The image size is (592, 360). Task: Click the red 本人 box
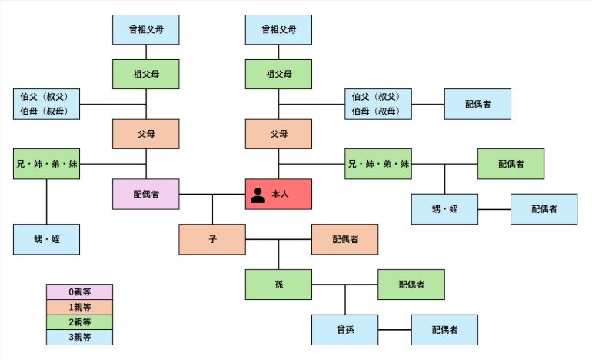(x=278, y=195)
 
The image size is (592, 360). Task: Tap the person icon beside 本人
(x=258, y=195)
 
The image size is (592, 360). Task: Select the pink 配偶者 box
(x=146, y=195)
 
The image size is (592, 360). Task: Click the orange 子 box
(x=212, y=239)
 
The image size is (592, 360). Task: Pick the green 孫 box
(x=278, y=285)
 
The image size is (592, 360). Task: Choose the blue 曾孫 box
(x=344, y=330)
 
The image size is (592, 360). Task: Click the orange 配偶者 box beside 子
(x=344, y=239)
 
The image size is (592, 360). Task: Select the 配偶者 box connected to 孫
(x=411, y=285)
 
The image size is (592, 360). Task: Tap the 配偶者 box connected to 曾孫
(x=444, y=330)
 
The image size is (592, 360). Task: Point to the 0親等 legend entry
(x=80, y=292)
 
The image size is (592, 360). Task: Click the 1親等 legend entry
(x=80, y=307)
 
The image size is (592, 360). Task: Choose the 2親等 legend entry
(x=80, y=322)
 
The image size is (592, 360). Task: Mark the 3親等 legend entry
(x=80, y=337)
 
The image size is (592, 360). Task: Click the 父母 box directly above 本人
(x=278, y=134)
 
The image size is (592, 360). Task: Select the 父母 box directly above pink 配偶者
(x=146, y=134)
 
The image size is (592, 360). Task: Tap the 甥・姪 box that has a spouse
(x=444, y=209)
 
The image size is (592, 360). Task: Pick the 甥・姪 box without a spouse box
(x=47, y=239)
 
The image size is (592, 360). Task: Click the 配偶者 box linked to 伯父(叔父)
(x=477, y=104)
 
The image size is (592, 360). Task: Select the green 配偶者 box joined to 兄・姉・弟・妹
(x=511, y=164)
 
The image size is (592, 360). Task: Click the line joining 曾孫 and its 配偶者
(x=394, y=330)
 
